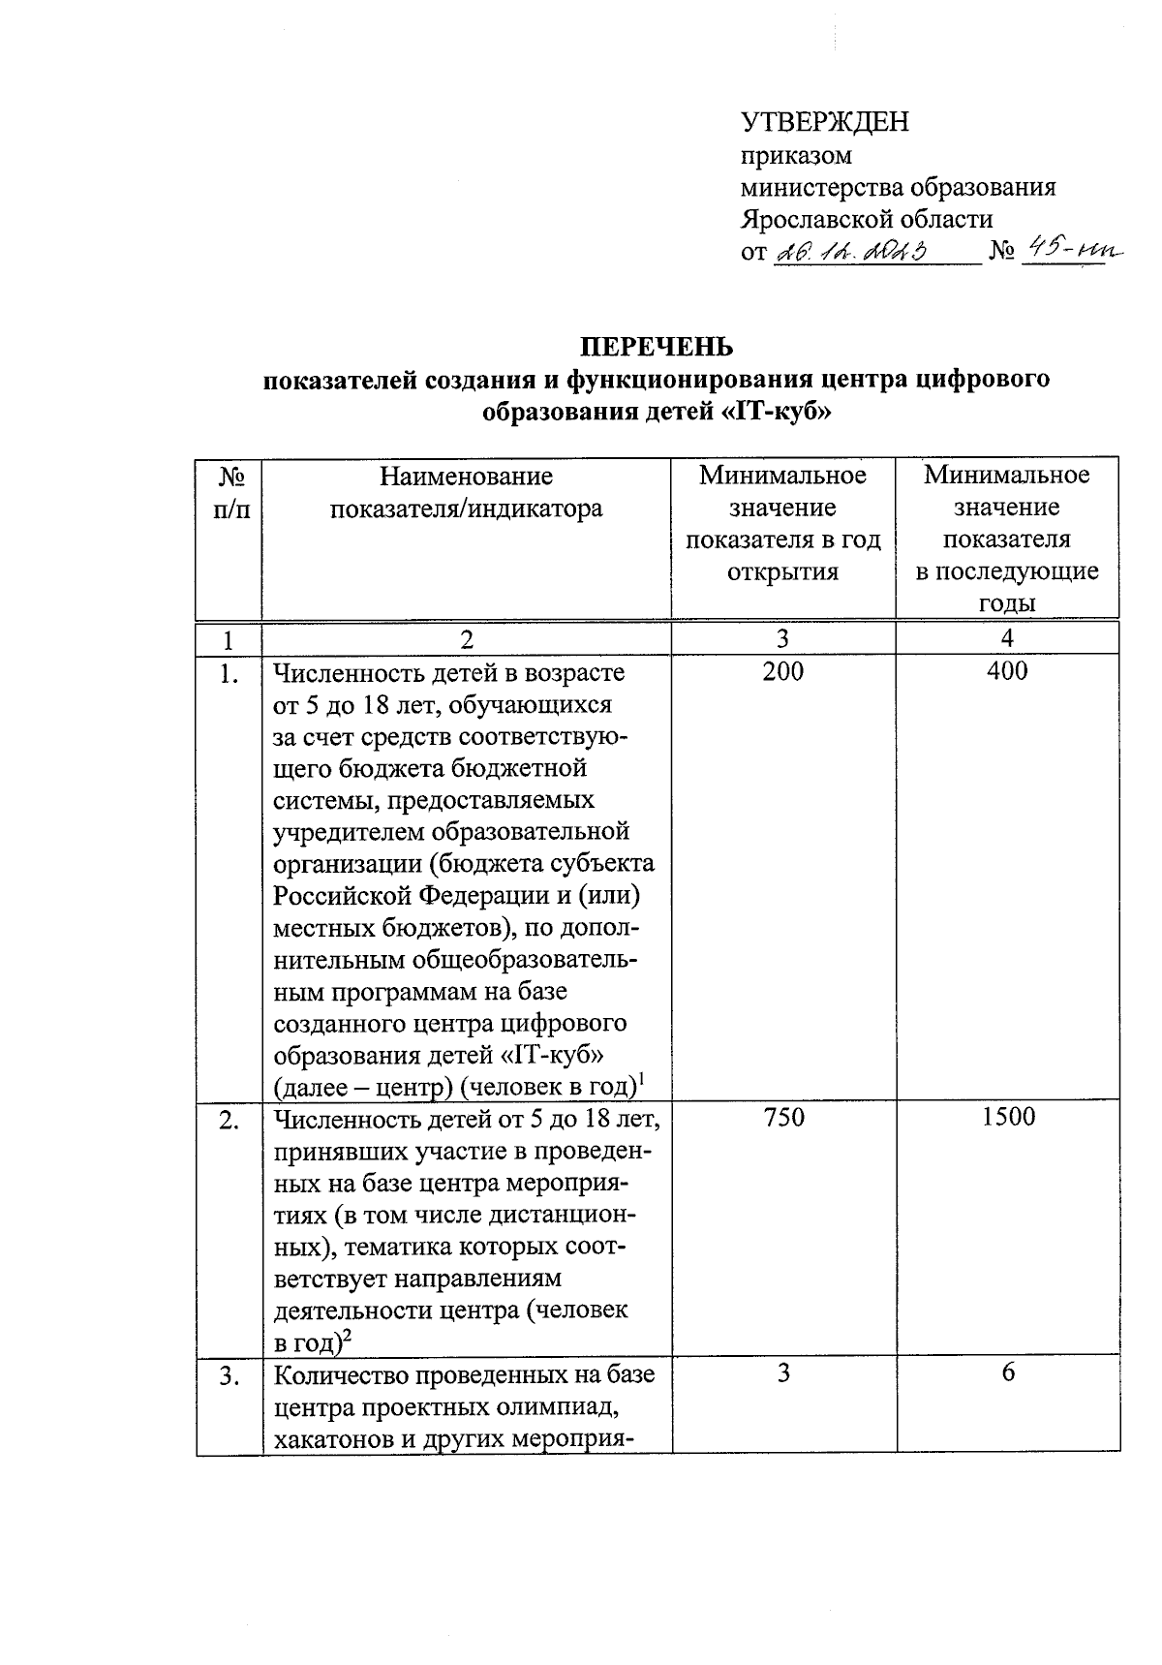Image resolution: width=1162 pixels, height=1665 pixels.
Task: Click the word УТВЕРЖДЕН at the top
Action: tap(825, 123)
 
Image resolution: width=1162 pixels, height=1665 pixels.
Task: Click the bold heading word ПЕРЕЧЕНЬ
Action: tap(657, 347)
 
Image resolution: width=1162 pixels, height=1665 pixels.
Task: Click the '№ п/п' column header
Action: tap(229, 491)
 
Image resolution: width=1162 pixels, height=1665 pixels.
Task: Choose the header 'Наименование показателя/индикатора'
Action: tap(466, 491)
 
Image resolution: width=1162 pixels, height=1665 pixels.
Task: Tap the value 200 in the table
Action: tap(782, 671)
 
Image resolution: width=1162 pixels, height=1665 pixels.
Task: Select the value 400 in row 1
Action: tap(1007, 671)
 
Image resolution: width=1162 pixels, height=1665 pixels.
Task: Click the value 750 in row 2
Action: tap(782, 1118)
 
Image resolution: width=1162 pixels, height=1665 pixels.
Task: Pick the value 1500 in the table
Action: tap(1007, 1118)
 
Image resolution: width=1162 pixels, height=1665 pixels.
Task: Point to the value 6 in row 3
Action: tap(1008, 1373)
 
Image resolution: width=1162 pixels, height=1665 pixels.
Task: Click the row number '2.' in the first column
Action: tap(229, 1120)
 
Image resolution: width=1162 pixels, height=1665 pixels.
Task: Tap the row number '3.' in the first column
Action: tap(229, 1375)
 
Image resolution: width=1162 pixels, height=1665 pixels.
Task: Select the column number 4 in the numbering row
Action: tap(1007, 638)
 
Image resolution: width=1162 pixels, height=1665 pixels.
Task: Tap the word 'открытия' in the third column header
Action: tap(782, 571)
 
